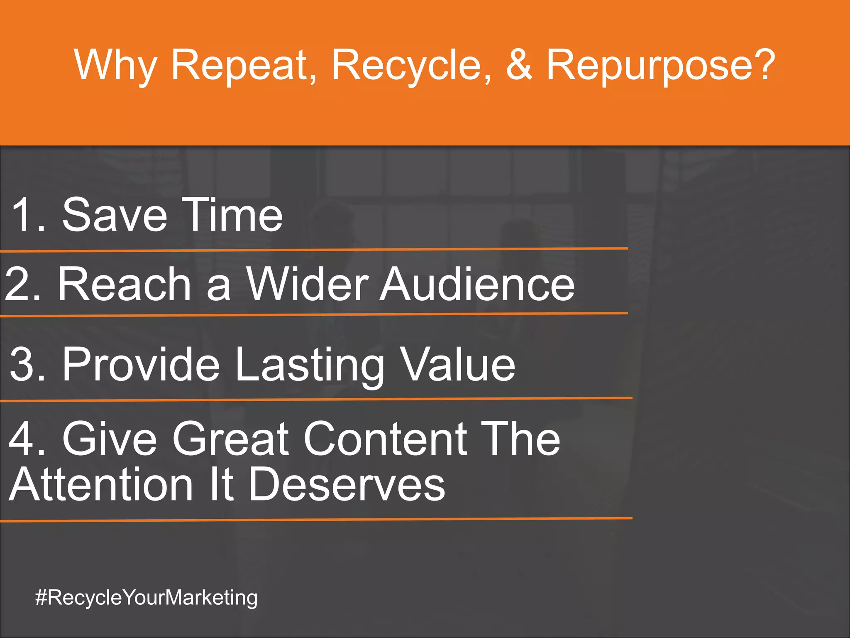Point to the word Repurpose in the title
coord(660,66)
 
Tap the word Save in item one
coord(115,215)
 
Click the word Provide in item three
coord(141,364)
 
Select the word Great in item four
coord(231,439)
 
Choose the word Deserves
coord(347,484)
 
